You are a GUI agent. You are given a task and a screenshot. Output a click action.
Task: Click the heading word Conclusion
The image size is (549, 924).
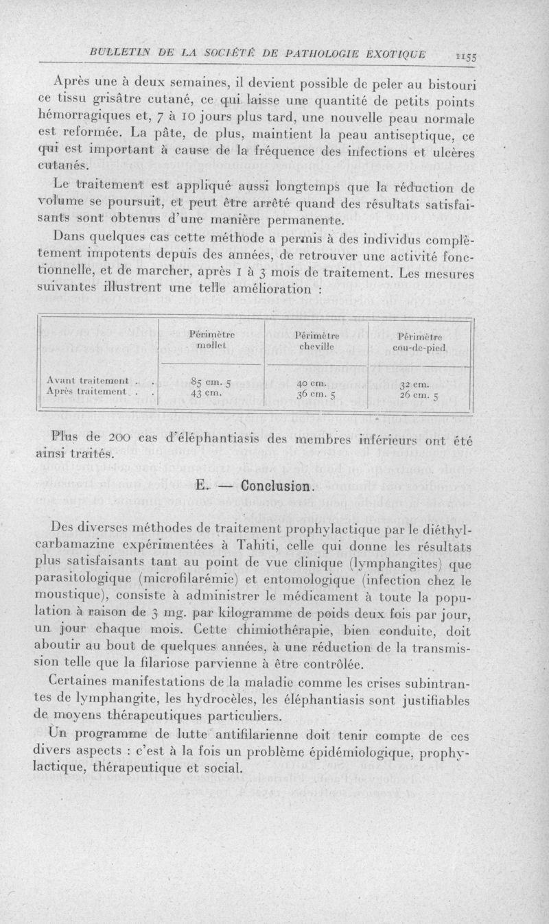pyautogui.click(x=274, y=488)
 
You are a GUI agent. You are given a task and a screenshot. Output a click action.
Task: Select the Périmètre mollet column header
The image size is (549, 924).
pyautogui.click(x=211, y=340)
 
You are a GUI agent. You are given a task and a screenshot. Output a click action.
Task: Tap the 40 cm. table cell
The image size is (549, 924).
pyautogui.click(x=312, y=382)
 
